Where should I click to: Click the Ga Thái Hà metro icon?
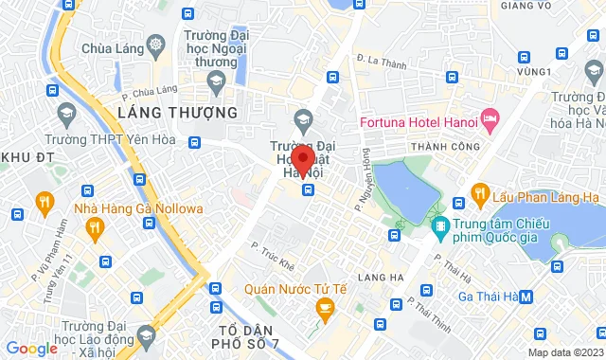(526, 295)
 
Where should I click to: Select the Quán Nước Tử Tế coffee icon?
(325, 308)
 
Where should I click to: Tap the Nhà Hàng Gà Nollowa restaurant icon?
(94, 227)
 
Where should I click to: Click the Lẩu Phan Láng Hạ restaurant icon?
(479, 194)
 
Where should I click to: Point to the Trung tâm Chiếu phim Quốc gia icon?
(440, 227)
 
